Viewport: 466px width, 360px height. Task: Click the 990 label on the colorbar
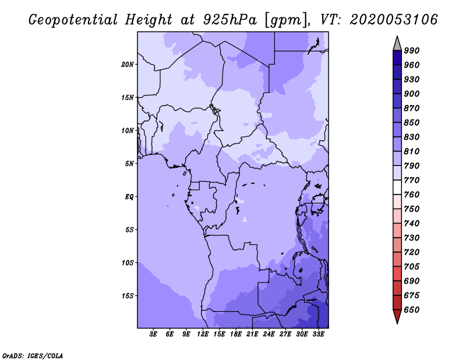click(412, 51)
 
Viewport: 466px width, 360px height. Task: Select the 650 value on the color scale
click(412, 310)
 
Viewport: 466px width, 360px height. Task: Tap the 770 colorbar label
click(412, 180)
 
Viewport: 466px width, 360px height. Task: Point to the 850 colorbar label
click(412, 122)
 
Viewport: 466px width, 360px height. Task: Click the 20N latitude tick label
click(128, 65)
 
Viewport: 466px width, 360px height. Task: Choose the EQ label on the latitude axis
click(129, 197)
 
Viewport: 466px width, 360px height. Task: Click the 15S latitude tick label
click(128, 296)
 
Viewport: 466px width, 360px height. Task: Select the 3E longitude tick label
click(153, 334)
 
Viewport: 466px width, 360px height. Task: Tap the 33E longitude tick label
click(318, 334)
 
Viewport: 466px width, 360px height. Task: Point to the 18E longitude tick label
click(236, 334)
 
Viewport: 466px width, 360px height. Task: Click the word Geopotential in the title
click(73, 20)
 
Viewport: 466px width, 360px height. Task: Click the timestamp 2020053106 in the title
click(394, 20)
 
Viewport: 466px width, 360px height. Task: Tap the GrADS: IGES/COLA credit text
click(33, 356)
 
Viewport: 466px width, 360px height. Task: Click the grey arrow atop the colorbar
click(397, 44)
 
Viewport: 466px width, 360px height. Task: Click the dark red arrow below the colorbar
click(397, 316)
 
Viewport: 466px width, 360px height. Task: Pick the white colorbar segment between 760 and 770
click(397, 188)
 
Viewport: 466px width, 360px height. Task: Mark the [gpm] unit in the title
click(287, 20)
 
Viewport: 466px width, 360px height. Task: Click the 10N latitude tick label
click(128, 130)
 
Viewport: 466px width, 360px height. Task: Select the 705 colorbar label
click(412, 267)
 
